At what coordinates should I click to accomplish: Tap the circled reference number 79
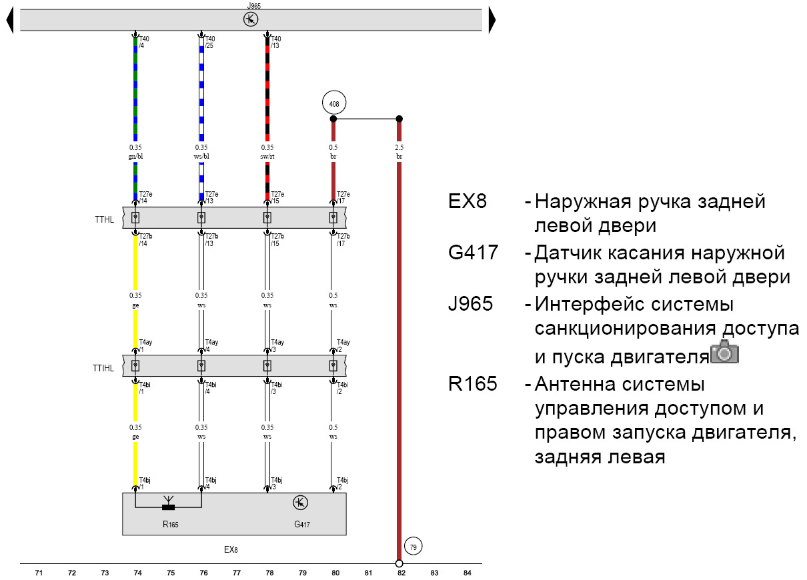pyautogui.click(x=413, y=547)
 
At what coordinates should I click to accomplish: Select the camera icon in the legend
pyautogui.click(x=725, y=351)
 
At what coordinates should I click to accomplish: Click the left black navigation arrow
pyautogui.click(x=10, y=20)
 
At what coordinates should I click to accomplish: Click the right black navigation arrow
pyautogui.click(x=492, y=20)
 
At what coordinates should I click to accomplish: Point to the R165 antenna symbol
pyautogui.click(x=168, y=503)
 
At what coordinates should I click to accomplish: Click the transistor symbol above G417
pyautogui.click(x=300, y=503)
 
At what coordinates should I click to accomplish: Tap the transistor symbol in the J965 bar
pyautogui.click(x=250, y=19)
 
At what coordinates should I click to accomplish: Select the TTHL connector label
pyautogui.click(x=105, y=218)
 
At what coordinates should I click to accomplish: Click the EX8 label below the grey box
pyautogui.click(x=230, y=550)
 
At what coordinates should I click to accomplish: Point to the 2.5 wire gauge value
pyautogui.click(x=399, y=147)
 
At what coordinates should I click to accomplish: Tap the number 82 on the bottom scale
pyautogui.click(x=401, y=573)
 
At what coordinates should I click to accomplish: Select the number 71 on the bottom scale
pyautogui.click(x=39, y=573)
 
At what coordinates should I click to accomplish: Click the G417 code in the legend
pyautogui.click(x=473, y=253)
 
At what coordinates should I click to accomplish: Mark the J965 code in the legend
pyautogui.click(x=471, y=304)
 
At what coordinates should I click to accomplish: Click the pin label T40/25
pyautogui.click(x=209, y=43)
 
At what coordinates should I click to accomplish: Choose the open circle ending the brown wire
pyautogui.click(x=399, y=563)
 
